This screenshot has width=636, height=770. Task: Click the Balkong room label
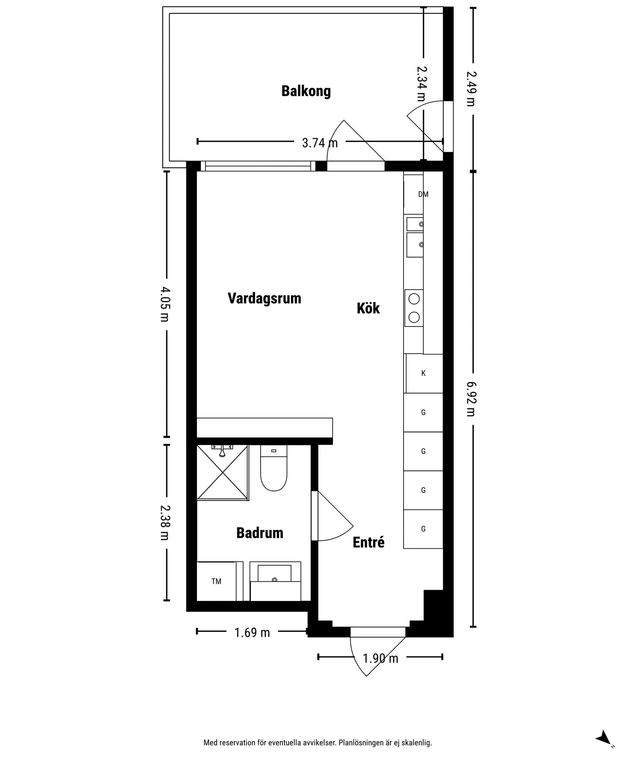306,91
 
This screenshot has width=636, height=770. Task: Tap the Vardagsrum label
264,298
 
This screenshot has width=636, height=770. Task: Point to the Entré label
368,542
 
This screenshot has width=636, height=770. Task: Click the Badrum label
260,533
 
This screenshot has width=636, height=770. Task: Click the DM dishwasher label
423,194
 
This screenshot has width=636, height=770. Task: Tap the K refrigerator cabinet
424,373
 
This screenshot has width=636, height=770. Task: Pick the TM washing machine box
216,581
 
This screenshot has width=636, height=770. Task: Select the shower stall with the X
222,473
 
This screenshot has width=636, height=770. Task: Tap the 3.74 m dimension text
320,143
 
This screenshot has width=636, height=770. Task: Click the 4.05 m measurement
165,304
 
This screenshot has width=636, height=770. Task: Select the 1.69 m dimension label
252,632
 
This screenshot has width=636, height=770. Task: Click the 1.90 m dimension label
380,658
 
